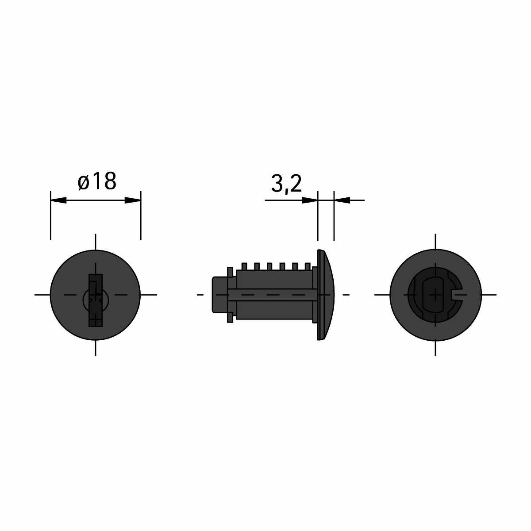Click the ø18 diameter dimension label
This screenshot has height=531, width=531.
tap(97, 181)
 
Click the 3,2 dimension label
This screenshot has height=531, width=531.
tap(286, 184)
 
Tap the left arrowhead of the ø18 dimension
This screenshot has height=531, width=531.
tap(59, 200)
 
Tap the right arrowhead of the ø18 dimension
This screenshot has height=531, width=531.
tap(133, 200)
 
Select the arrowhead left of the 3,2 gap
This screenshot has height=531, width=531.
tap(310, 200)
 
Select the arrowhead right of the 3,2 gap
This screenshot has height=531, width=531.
tap(342, 200)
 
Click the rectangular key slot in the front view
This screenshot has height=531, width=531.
tap(96, 300)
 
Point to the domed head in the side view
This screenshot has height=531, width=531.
tap(326, 295)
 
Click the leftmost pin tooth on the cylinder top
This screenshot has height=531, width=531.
tap(244, 266)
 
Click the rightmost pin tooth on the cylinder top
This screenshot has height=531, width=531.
tap(308, 266)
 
